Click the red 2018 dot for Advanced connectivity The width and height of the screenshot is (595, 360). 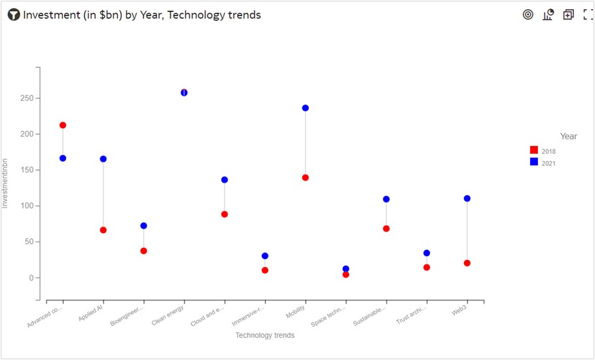pos(63,125)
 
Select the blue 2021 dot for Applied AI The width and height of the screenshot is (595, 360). pos(103,159)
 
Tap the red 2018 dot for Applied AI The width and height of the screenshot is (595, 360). pos(103,230)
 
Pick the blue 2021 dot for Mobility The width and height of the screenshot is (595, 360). pos(305,108)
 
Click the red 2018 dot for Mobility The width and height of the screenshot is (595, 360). pos(305,177)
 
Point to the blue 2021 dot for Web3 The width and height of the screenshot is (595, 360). pos(467,198)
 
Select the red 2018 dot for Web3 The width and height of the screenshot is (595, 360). pos(467,263)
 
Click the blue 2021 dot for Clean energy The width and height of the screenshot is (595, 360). pos(184,93)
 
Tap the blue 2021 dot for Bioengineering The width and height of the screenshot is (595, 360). pos(143,226)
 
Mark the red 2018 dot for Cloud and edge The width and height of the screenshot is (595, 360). pos(225,214)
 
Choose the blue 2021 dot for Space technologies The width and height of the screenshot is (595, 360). pos(346,269)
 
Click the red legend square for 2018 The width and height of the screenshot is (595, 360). pos(534,151)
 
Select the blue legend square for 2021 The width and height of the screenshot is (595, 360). pos(534,162)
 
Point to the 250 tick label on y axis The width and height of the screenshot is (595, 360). pos(26,98)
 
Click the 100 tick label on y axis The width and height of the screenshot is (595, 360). pos(26,206)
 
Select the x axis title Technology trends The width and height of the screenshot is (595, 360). pos(264,335)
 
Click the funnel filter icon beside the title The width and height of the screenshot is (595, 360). pos(14,15)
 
